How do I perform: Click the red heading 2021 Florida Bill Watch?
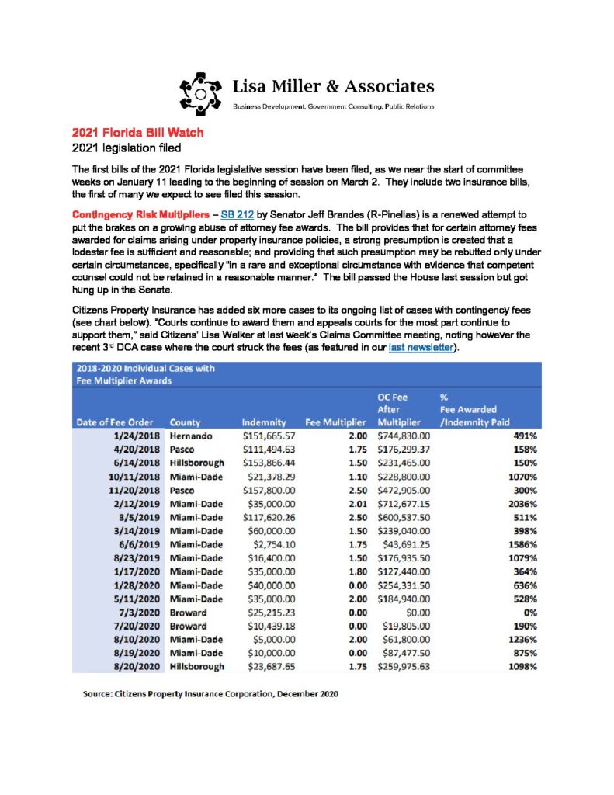click(x=137, y=133)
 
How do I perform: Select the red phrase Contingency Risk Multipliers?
click(x=137, y=213)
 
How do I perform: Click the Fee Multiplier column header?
click(x=335, y=422)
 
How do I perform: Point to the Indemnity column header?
click(x=265, y=422)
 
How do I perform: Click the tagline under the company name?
click(x=334, y=106)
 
